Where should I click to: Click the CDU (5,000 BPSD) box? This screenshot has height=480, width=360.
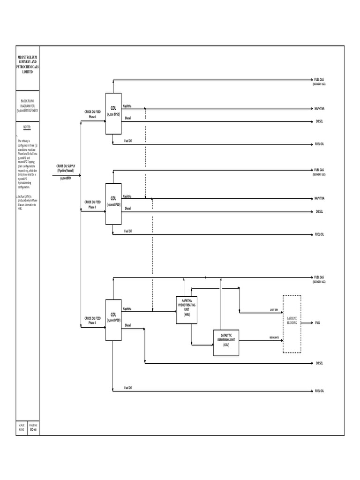pos(113,112)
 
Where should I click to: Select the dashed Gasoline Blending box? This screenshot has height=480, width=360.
pos(292,323)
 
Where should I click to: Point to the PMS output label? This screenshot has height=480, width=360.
pos(317,323)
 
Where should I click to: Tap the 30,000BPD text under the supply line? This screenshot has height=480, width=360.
pos(65,179)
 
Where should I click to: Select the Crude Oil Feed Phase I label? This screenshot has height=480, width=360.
pos(92,114)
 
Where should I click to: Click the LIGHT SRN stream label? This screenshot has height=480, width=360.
pos(274,310)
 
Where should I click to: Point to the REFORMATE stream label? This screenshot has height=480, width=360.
pos(274,337)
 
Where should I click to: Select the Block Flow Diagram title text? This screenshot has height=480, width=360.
pos(28,105)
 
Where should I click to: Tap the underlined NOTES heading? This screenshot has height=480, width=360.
pos(27,127)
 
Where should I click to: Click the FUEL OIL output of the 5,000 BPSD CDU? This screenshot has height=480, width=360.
pos(319,144)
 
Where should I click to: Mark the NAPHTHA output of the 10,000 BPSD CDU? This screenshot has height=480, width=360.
pos(319,198)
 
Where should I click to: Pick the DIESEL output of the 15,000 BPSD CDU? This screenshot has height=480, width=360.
pos(319,363)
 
